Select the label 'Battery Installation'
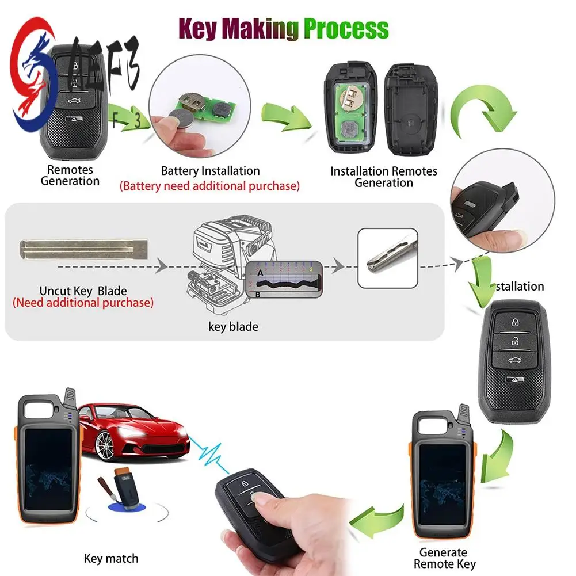pos(210,171)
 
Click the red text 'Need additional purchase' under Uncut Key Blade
pos(83,302)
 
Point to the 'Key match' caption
pos(111,558)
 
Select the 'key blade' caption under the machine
pos(233,327)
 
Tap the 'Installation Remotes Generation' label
pos(383,177)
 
